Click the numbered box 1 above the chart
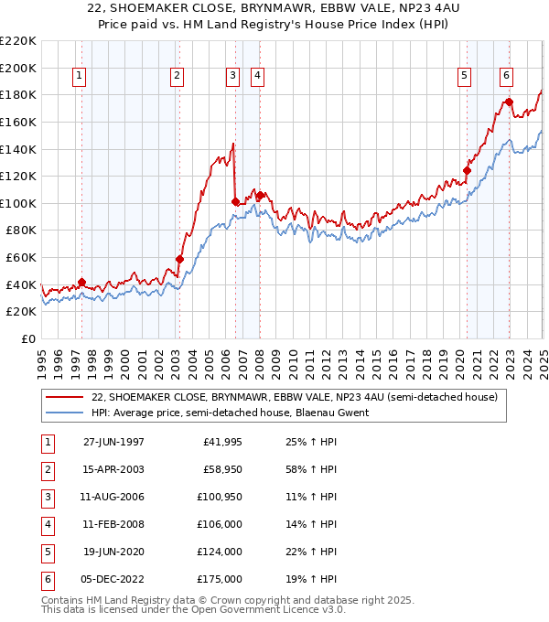tap(80, 76)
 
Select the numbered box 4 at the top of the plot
tap(258, 76)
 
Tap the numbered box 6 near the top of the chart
tap(506, 76)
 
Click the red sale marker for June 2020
tap(467, 169)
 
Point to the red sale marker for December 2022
tap(509, 102)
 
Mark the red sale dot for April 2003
tap(179, 259)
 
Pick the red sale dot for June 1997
tap(82, 282)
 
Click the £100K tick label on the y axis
tap(18, 203)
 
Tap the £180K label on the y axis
tap(18, 94)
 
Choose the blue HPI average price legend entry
tap(230, 413)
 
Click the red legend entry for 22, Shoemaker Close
tap(294, 397)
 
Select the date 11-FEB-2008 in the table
tap(113, 524)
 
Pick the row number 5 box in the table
tap(46, 552)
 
